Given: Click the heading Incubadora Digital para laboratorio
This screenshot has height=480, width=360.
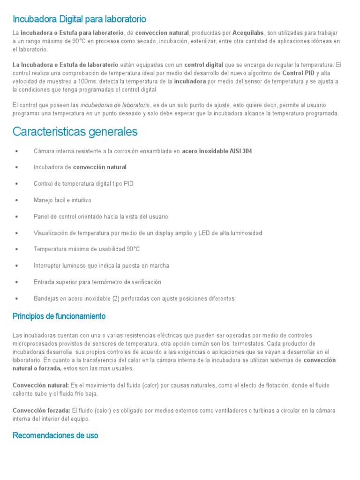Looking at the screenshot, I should (79, 19).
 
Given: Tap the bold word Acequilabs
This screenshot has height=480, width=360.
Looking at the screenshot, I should (248, 33).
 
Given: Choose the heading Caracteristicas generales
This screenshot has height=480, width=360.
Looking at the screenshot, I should (75, 132).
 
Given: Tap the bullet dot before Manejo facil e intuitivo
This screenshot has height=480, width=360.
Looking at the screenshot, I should (17, 200).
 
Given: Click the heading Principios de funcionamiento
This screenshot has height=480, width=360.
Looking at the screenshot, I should (59, 316).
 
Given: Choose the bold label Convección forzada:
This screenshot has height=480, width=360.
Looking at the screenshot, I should (41, 411).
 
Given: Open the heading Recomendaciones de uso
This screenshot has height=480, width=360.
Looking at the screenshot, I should (55, 435).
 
